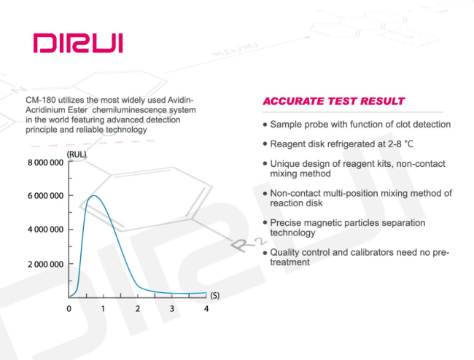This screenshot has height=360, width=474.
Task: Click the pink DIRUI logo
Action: click(78, 43)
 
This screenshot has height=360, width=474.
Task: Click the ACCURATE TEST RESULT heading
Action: click(333, 101)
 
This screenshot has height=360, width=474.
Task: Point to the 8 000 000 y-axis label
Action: click(46, 163)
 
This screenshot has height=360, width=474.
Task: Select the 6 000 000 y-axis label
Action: click(46, 196)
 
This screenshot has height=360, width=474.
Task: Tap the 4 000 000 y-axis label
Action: click(46, 230)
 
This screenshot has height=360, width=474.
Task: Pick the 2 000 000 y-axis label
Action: click(46, 265)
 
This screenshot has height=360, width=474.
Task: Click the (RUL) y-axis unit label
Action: click(77, 154)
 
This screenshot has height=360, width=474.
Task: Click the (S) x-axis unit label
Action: click(215, 295)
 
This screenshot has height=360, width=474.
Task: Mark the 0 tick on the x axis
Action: click(69, 309)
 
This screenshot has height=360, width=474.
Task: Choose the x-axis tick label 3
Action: click(172, 309)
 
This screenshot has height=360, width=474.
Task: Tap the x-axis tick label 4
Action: click(206, 309)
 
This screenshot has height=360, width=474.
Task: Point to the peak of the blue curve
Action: click(94, 196)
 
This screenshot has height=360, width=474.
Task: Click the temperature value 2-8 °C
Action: click(400, 144)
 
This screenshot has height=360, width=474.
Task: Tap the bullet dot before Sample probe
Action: click(265, 125)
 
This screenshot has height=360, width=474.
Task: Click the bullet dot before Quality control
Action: click(265, 252)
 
